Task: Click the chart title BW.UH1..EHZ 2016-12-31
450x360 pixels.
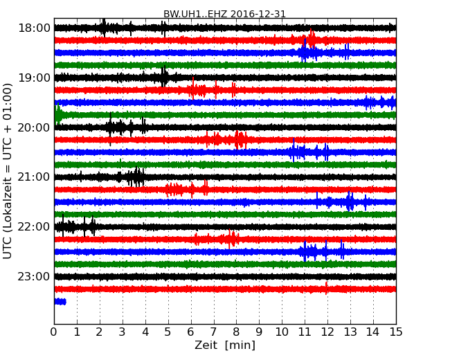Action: tap(224, 14)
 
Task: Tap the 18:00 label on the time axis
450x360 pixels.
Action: tap(34, 28)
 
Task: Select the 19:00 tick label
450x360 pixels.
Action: tap(34, 78)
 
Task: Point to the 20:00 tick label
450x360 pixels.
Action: tap(34, 127)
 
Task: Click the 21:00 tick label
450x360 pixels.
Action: tap(34, 177)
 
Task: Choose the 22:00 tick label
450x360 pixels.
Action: tap(34, 227)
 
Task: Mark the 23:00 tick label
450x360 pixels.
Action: tap(34, 276)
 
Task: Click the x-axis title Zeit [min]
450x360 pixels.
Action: tap(224, 345)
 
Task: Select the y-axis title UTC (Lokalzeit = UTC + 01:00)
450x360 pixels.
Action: tap(8, 170)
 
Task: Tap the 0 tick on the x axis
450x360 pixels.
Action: tap(54, 332)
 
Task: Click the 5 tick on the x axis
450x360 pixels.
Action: tap(168, 332)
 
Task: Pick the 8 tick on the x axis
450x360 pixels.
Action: tap(236, 332)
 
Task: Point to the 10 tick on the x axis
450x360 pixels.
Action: tap(282, 332)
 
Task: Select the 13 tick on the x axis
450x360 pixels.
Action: tap(350, 332)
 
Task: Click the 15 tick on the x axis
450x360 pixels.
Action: tap(396, 332)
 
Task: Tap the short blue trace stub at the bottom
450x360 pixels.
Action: tap(60, 301)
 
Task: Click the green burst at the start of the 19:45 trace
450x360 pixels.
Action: tap(58, 115)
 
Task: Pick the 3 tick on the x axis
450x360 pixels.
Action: tap(123, 332)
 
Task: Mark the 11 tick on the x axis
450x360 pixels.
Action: tap(305, 332)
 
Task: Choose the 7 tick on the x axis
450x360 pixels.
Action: tap(213, 332)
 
